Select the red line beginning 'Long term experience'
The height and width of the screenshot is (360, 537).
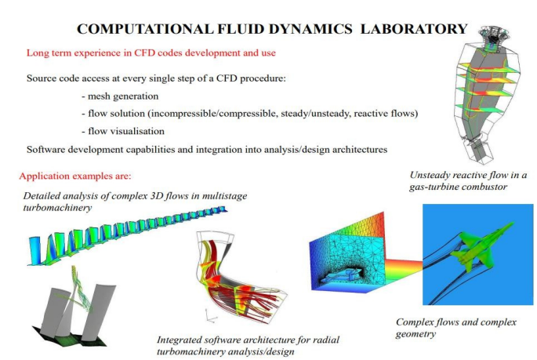click(151, 53)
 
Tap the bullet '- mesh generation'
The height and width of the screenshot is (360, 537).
click(120, 96)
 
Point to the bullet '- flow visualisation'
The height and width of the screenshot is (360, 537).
click(123, 131)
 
